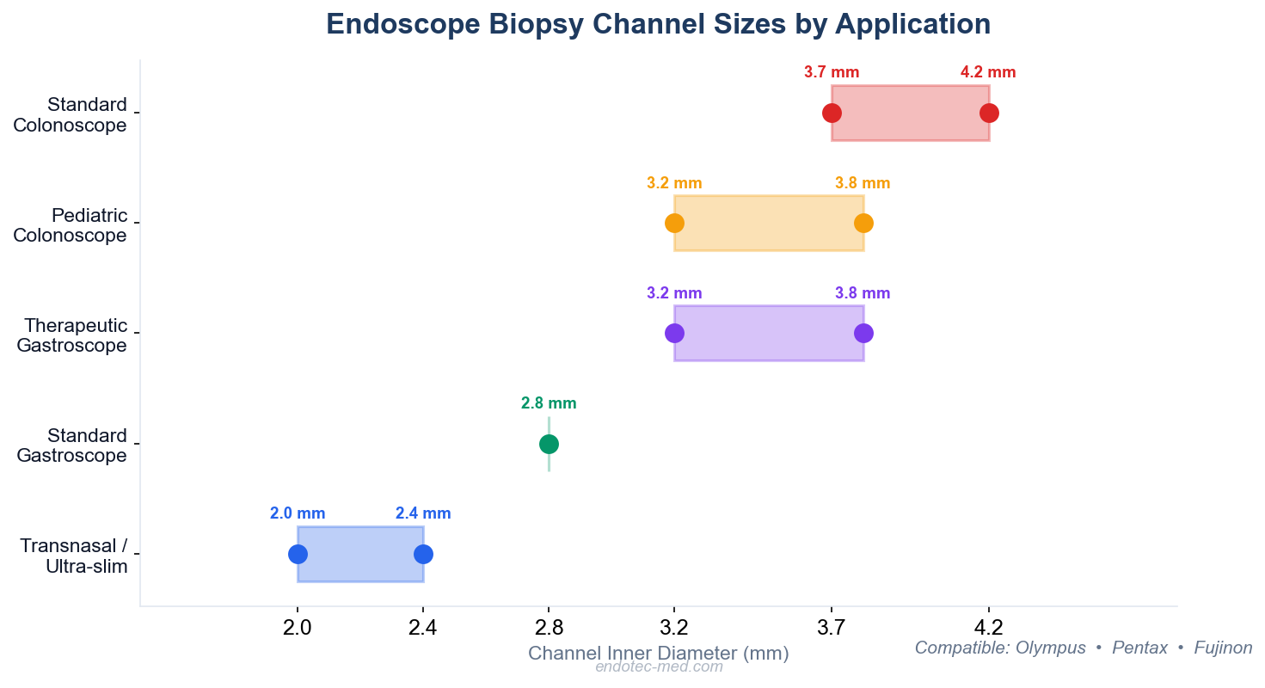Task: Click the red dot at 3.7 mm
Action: (832, 114)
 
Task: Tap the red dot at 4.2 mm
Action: (989, 114)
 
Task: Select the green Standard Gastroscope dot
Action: (549, 444)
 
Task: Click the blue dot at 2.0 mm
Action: (298, 554)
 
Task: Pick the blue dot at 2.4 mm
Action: (423, 554)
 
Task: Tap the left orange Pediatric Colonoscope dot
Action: (674, 224)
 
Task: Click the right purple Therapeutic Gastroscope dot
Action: (863, 334)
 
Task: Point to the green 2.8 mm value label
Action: (549, 403)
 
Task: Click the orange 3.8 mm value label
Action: (863, 183)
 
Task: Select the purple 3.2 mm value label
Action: (674, 293)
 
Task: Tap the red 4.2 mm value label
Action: (988, 73)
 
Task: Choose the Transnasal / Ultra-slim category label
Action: (74, 556)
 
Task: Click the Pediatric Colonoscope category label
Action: (70, 225)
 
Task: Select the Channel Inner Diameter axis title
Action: (658, 654)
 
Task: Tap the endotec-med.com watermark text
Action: (659, 666)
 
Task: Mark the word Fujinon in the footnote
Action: (1223, 648)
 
